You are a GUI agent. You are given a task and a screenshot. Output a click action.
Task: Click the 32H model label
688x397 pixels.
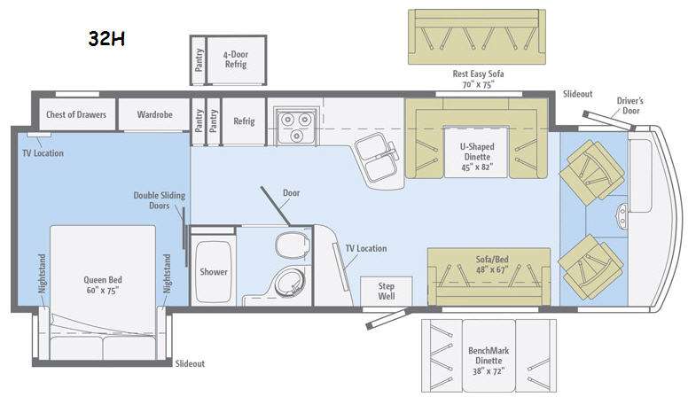(106, 39)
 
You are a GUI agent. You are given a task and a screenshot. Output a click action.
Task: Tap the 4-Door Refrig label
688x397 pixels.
(236, 59)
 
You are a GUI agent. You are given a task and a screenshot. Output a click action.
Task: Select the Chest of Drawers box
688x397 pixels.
(76, 114)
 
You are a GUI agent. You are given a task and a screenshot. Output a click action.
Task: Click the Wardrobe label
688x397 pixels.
(154, 114)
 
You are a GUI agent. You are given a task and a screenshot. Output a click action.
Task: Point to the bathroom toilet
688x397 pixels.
(291, 245)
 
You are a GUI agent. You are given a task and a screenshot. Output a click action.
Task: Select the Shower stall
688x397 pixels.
(214, 272)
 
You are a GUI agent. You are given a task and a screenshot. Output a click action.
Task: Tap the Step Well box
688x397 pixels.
(387, 292)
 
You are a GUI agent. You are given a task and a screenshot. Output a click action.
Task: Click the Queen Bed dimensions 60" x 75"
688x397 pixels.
(103, 291)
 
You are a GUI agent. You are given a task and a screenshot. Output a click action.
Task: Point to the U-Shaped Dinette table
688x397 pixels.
(477, 152)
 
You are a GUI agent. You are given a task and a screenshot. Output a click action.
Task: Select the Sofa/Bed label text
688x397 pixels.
(492, 260)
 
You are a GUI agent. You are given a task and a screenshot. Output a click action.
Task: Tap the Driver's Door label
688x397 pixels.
(630, 105)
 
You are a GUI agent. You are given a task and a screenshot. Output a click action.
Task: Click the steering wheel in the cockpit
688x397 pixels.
(622, 216)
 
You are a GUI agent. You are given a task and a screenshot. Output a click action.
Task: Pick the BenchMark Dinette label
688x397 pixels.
(489, 355)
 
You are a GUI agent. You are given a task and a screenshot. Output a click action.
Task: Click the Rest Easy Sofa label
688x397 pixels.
(478, 74)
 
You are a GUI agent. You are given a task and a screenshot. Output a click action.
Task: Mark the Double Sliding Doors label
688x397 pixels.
(160, 200)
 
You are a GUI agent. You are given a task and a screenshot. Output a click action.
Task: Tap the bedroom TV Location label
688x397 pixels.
(43, 153)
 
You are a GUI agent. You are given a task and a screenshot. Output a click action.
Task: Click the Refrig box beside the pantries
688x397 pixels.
(244, 121)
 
